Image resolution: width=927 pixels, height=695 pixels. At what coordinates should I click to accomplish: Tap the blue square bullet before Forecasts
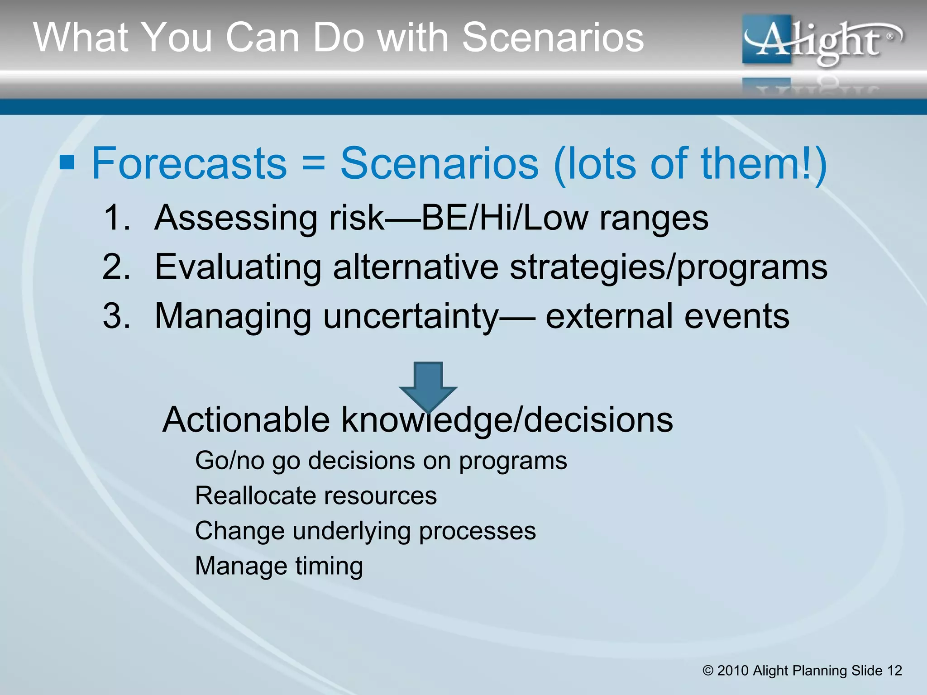pos(67,162)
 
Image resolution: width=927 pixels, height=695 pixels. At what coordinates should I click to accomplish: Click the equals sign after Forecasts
pos(313,164)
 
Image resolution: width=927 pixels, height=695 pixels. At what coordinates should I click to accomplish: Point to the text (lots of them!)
pos(690,164)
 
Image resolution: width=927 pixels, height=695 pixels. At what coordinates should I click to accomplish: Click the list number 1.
pos(116,218)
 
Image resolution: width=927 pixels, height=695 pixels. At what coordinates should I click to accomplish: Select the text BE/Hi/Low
pos(504,218)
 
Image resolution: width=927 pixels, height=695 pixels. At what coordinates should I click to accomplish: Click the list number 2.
pos(116,267)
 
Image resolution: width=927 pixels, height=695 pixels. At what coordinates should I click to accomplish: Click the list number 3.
pos(116,316)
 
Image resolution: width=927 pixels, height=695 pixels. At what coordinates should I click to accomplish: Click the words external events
pos(667,316)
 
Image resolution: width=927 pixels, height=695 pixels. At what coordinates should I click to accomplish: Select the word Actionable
pos(246,420)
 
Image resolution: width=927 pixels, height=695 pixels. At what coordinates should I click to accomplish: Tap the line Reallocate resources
pos(315,496)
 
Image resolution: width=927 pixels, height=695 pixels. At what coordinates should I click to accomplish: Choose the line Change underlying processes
pos(365,531)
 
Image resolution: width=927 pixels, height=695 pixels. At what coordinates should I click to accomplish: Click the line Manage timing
pos(279,566)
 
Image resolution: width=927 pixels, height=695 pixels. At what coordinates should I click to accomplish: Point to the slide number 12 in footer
pos(894,671)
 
